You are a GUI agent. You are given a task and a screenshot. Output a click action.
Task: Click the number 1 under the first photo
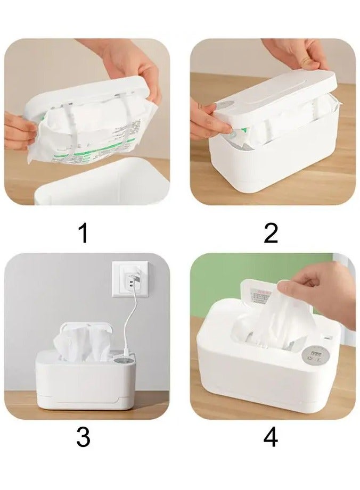(83, 233)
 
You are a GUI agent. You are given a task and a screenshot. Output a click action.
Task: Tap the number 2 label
(271, 233)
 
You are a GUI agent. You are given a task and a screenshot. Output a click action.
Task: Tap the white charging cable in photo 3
(133, 319)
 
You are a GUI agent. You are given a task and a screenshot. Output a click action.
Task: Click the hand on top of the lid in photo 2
(298, 53)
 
